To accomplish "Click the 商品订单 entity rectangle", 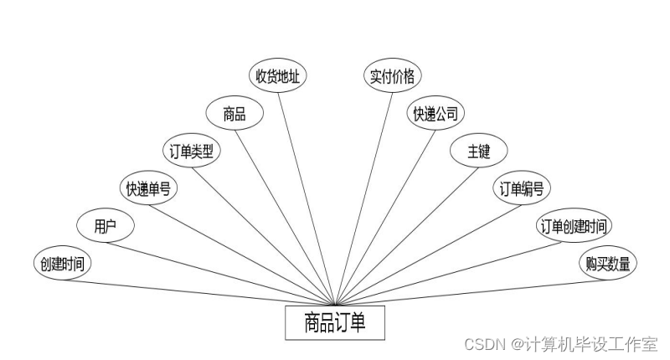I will coord(335,322).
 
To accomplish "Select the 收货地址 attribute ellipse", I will coord(279,76).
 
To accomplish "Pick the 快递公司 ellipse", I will coord(435,113).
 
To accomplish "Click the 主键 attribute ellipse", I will coord(478,151).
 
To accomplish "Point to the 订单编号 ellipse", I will coord(522,188).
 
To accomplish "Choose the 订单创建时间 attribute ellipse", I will coord(574,225).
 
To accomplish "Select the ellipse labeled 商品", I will coord(234,114).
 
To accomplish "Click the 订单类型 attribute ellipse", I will coord(192,151).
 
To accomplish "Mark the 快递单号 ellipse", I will coord(148,188).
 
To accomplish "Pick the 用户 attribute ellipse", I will coord(105,225).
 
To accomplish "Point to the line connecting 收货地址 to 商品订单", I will coord(306,193).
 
